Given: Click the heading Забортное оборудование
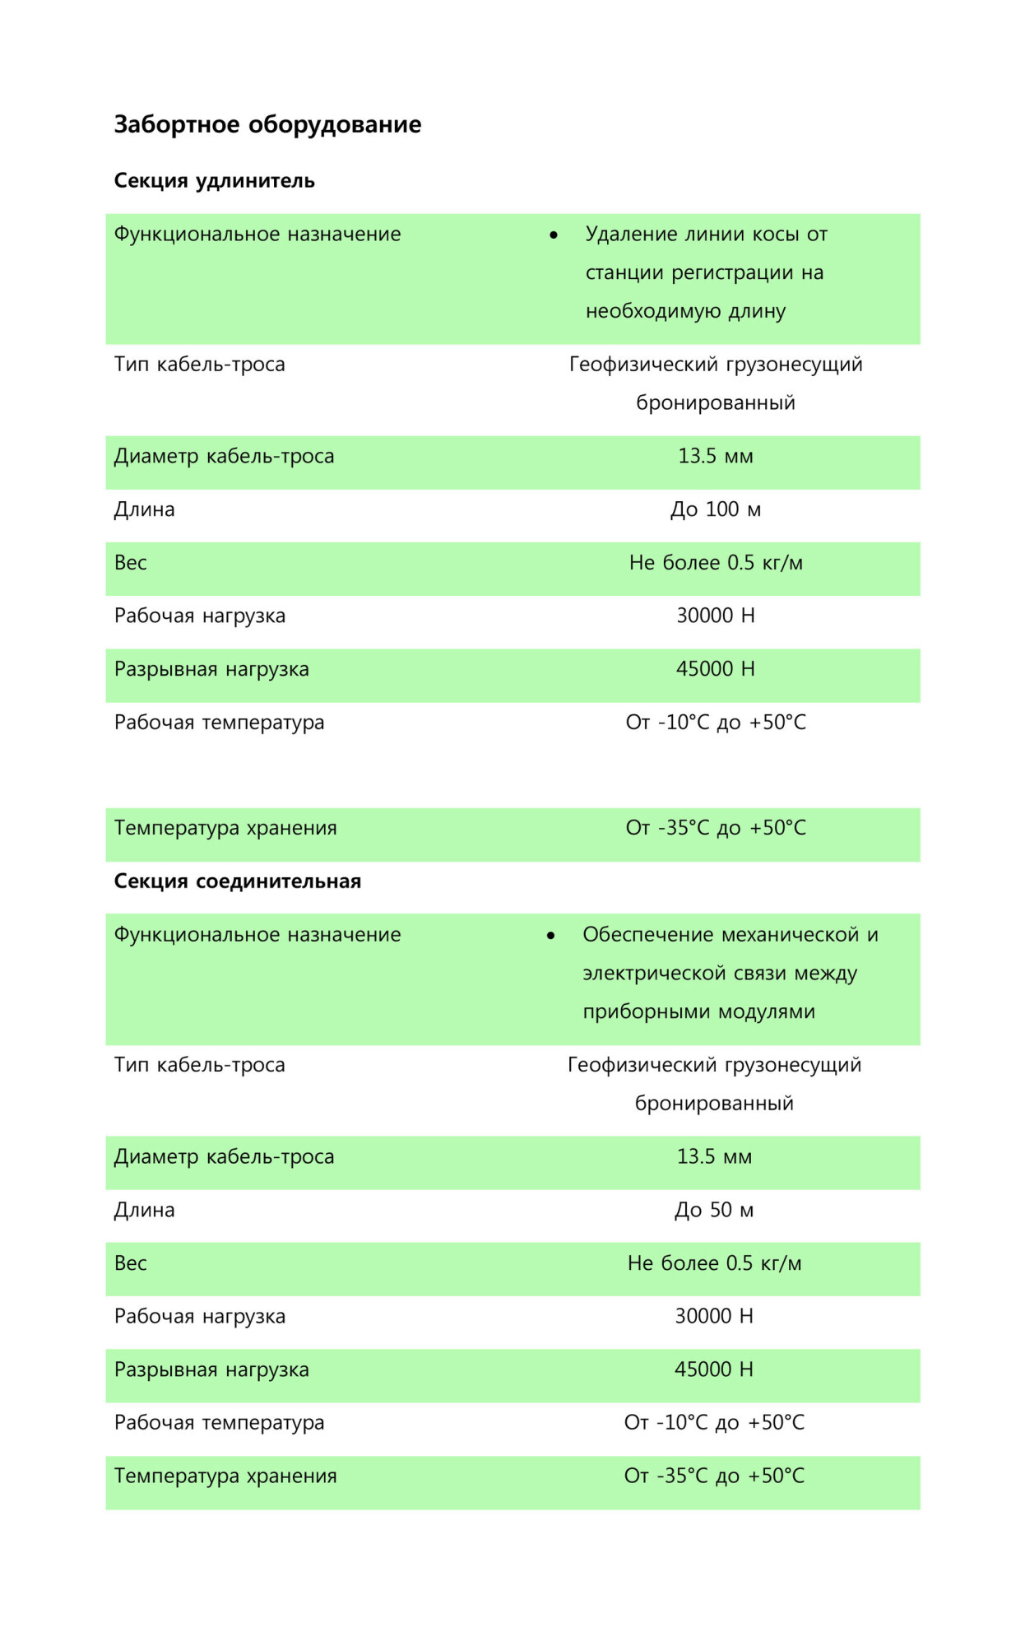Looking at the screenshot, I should pos(267,124).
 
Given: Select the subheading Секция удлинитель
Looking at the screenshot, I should pos(214,180).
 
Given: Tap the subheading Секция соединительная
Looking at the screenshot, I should pos(237,881).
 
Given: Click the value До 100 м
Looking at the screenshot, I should pos(715,509).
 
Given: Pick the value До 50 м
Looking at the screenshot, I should pos(713,1210).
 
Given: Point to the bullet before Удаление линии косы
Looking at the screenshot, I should pos(554,235).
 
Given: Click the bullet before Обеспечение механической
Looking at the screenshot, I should pos(550,936).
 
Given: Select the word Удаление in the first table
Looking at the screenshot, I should pos(631,235).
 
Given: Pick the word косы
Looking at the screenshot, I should pos(775,235).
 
